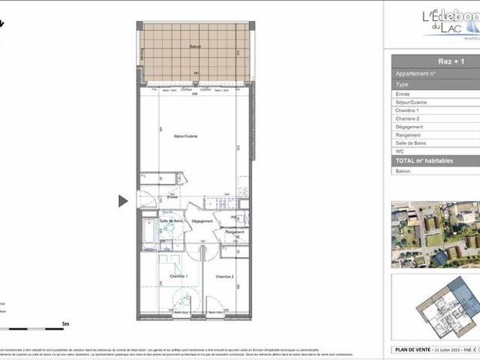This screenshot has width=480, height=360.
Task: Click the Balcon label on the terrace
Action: tap(195, 46)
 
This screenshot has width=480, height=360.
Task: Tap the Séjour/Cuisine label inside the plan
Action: tap(185, 136)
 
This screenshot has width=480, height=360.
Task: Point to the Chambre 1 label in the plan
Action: tap(178, 277)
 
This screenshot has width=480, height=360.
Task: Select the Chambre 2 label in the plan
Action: tap(224, 277)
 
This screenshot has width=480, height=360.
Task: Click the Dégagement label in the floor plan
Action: tap(202, 221)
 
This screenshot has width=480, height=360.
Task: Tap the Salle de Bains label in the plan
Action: tap(172, 221)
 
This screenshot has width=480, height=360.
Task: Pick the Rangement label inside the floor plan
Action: tap(235, 232)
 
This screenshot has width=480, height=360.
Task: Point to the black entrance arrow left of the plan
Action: tap(123, 201)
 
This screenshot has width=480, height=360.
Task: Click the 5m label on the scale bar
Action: tap(65, 324)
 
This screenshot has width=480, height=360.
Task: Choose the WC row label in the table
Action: tap(400, 151)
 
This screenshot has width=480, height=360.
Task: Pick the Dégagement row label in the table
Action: tap(409, 127)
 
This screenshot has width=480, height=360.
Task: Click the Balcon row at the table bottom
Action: tap(403, 171)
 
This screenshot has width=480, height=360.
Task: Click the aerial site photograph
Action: tap(435, 234)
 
